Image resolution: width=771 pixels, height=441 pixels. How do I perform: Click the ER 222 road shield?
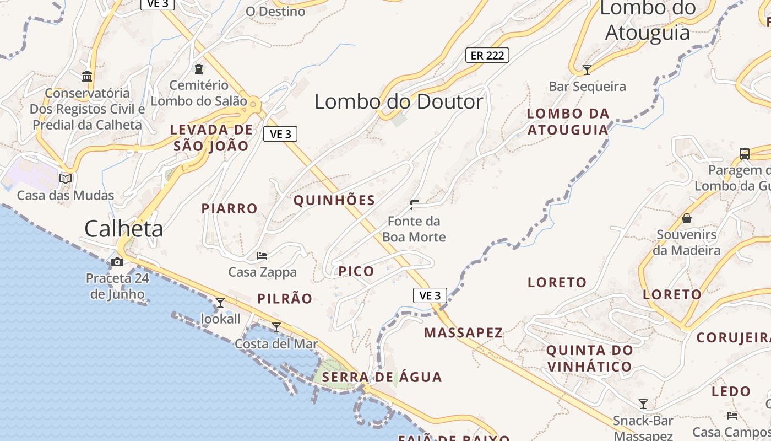[x=487, y=55]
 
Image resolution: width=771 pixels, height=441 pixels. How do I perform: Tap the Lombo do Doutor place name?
[x=399, y=101]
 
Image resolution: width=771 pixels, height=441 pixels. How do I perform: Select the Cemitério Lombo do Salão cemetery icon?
[x=198, y=69]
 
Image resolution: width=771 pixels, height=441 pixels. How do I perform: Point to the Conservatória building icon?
[x=87, y=76]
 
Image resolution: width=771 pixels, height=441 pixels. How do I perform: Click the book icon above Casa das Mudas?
[x=66, y=179]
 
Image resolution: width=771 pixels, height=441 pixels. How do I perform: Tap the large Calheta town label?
[x=123, y=229]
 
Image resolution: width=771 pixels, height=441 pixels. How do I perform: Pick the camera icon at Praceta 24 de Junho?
[x=117, y=262]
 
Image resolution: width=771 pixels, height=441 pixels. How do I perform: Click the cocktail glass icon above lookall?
[x=220, y=302]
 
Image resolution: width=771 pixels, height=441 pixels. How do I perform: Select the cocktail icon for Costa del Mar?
[x=276, y=327]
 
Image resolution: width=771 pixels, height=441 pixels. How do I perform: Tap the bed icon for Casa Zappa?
[x=262, y=256]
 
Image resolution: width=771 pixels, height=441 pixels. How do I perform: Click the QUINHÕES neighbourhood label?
[x=334, y=200]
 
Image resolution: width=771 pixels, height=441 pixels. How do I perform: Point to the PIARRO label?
[x=229, y=208]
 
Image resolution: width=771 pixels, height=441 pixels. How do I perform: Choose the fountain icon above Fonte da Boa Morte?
[x=414, y=205]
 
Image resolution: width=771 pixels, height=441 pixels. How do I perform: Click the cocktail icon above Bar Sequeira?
[x=587, y=69]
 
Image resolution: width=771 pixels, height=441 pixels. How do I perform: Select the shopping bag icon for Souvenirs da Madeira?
[x=687, y=219]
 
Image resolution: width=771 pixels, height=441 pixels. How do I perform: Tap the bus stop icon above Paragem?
[x=745, y=154]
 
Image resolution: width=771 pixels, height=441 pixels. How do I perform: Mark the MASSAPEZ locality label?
[x=464, y=332]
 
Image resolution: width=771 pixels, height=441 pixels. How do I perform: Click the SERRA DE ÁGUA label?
[x=382, y=377]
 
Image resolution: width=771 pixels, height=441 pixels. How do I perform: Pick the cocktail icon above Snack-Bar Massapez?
[x=643, y=404]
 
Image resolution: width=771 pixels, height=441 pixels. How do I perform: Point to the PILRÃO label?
[x=285, y=299]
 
